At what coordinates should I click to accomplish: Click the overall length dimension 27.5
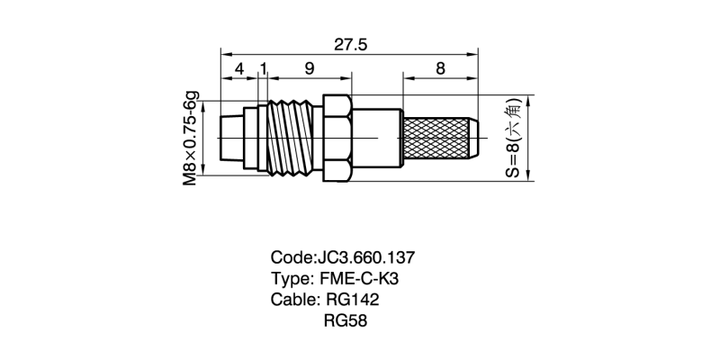[x=350, y=45]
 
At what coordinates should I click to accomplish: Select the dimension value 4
[x=238, y=69]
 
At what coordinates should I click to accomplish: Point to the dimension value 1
[x=262, y=69]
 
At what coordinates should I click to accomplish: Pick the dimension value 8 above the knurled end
[x=439, y=69]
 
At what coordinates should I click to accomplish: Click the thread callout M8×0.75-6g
[x=191, y=138]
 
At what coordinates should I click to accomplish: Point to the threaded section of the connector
[x=290, y=138]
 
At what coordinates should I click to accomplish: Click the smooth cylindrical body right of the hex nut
[x=376, y=138]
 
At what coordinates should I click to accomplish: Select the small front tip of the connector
[x=231, y=138]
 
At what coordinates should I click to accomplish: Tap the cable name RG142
[x=350, y=299]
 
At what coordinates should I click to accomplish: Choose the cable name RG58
[x=346, y=319]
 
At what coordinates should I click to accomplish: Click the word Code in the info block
[x=292, y=257]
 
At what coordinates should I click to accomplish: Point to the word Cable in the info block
[x=292, y=299]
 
